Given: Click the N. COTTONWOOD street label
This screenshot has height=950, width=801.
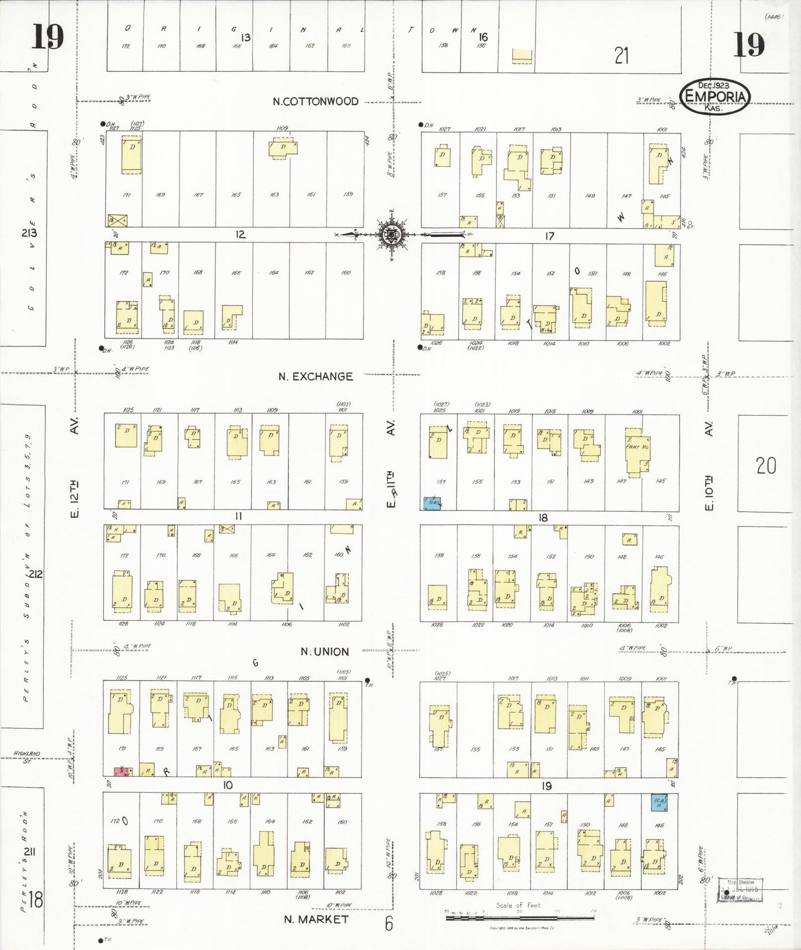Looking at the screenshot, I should [x=315, y=101].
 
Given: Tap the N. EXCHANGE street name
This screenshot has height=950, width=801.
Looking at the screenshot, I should [x=315, y=376].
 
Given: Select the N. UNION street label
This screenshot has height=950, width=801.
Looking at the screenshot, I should [x=324, y=652].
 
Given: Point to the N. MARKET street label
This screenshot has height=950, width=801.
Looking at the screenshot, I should [x=316, y=920].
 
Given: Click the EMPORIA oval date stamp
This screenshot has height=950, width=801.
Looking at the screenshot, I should [x=715, y=96].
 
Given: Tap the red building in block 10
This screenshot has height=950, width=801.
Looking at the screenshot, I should [x=123, y=771].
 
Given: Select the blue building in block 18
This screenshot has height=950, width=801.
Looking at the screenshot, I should [x=432, y=503].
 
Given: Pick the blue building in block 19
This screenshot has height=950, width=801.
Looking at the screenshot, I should [x=659, y=802].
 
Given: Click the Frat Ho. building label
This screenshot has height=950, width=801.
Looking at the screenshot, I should [x=637, y=447].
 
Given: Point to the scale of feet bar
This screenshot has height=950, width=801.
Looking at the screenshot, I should [x=519, y=917].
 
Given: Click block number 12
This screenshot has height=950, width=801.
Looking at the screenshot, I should [x=240, y=234].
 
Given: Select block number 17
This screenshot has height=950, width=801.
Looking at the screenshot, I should [x=549, y=236].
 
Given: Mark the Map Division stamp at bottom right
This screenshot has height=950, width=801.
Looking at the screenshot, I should [x=740, y=890].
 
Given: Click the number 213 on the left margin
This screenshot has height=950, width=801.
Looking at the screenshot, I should [x=29, y=233].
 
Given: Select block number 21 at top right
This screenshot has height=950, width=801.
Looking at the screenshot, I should [x=621, y=55].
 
